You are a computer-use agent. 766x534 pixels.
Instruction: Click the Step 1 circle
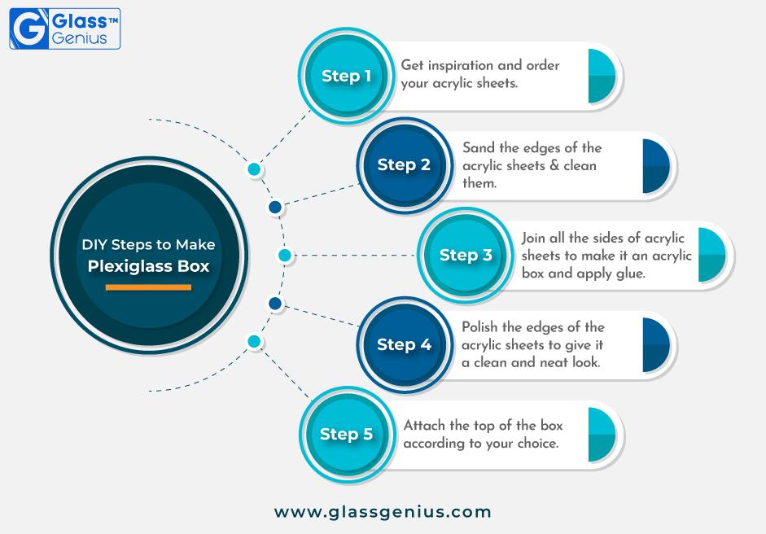(x=346, y=76)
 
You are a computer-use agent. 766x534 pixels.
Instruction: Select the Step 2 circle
(x=404, y=165)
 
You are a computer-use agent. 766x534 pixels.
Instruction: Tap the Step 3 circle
(x=465, y=255)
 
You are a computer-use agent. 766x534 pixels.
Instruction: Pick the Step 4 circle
(x=404, y=344)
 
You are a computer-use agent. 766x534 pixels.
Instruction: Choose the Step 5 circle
(x=346, y=435)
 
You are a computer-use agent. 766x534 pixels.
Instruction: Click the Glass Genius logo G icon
(x=28, y=28)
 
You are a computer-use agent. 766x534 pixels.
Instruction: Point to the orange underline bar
(x=148, y=287)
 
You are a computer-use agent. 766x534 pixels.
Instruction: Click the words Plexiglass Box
(x=148, y=266)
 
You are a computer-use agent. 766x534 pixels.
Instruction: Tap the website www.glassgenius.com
(x=383, y=512)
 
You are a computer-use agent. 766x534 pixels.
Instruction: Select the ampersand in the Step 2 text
(x=554, y=165)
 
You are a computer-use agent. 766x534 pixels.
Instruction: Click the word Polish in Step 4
(x=479, y=326)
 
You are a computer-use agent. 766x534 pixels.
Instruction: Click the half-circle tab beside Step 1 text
(x=602, y=77)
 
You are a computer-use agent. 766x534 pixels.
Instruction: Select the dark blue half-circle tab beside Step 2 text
(x=656, y=166)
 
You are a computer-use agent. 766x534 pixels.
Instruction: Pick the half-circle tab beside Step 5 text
(x=602, y=435)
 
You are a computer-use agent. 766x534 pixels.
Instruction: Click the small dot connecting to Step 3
(x=285, y=255)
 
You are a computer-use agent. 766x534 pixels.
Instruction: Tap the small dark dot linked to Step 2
(x=275, y=207)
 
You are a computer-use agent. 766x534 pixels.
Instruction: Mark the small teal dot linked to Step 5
(x=254, y=341)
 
